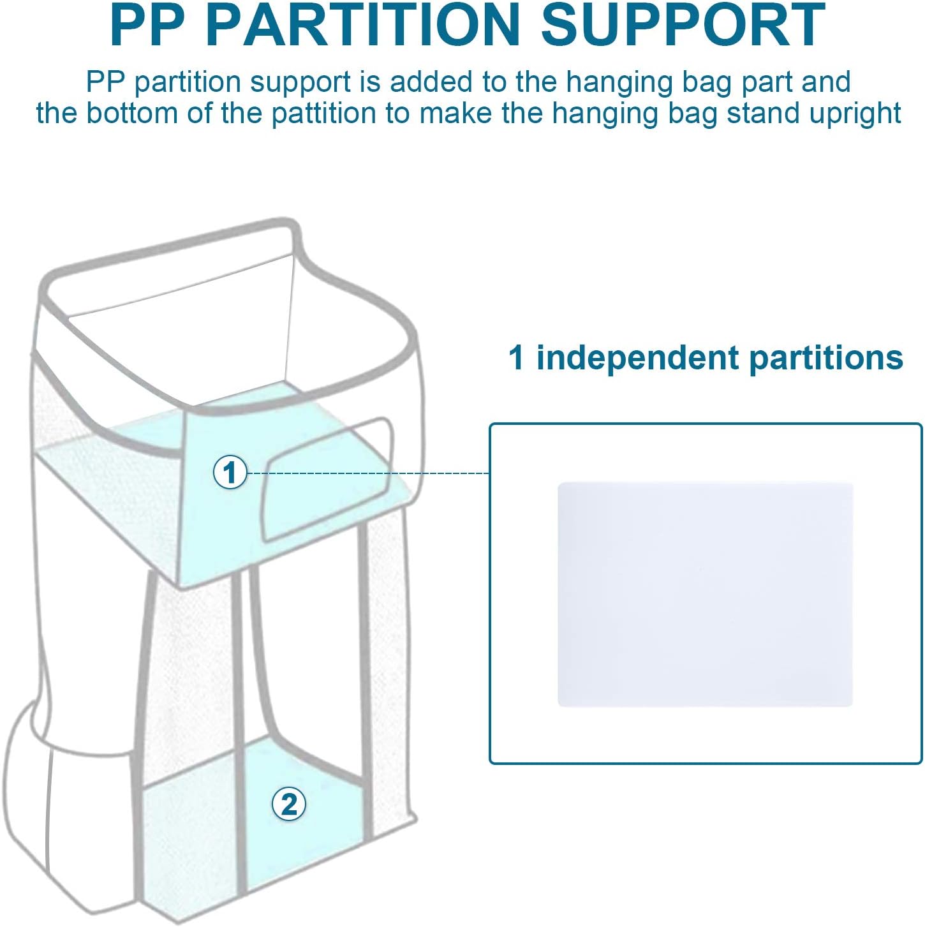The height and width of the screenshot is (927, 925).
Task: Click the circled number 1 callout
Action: [230, 473]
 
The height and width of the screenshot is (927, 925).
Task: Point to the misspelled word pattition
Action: [323, 114]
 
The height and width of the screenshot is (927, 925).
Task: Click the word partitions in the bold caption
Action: [826, 359]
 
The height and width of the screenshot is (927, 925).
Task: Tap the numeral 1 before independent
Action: [516, 358]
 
